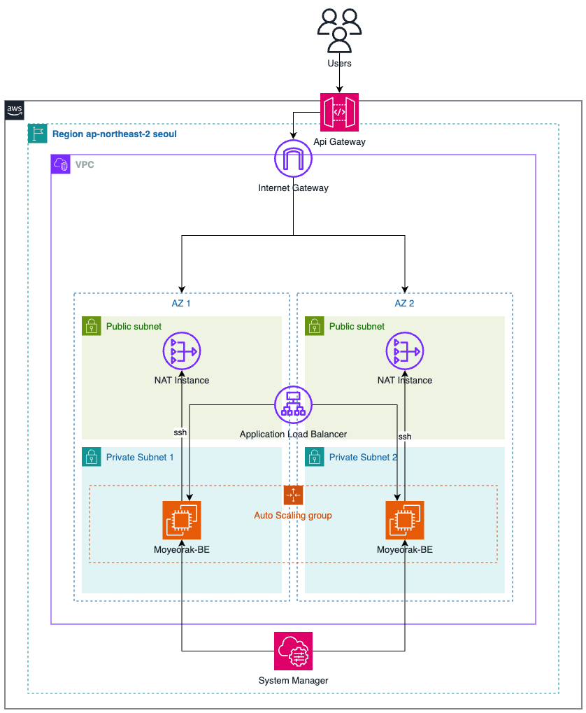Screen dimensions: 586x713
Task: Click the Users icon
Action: pyautogui.click(x=339, y=31)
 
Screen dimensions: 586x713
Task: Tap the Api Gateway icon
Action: pyautogui.click(x=339, y=113)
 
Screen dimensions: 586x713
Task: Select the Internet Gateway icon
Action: pyautogui.click(x=293, y=158)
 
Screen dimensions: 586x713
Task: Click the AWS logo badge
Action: pyautogui.click(x=14, y=110)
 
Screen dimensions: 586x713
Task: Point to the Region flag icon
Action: pyautogui.click(x=37, y=133)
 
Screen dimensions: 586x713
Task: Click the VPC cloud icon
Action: pyautogui.click(x=60, y=164)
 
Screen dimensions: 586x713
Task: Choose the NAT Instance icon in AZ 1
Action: pyautogui.click(x=182, y=351)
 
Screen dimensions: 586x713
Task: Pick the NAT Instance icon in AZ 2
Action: pyautogui.click(x=405, y=351)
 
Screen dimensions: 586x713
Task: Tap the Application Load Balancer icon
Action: pyautogui.click(x=293, y=404)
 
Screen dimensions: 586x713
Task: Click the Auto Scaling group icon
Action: pyautogui.click(x=293, y=495)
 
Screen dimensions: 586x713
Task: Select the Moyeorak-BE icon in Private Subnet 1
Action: pyautogui.click(x=182, y=520)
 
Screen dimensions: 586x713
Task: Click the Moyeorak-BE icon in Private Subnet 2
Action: pyautogui.click(x=405, y=520)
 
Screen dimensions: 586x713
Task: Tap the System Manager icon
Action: pyautogui.click(x=293, y=651)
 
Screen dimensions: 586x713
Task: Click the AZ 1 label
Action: pyautogui.click(x=181, y=303)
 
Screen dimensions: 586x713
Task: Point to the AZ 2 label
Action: pyautogui.click(x=404, y=303)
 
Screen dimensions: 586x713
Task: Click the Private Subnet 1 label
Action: pyautogui.click(x=140, y=458)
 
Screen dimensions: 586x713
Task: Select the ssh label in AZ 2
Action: pyautogui.click(x=405, y=437)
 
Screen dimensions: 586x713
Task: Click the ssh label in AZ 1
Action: pyautogui.click(x=180, y=432)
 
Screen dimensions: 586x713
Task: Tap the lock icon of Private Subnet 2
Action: pyautogui.click(x=315, y=457)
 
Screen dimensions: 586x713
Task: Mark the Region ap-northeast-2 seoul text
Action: pyautogui.click(x=115, y=134)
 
